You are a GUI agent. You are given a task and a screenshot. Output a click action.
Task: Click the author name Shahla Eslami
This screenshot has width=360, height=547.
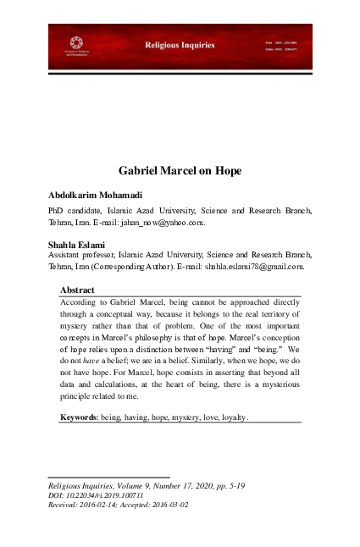pyautogui.click(x=75, y=246)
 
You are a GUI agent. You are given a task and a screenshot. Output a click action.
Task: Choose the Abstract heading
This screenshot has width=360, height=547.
pyautogui.click(x=77, y=290)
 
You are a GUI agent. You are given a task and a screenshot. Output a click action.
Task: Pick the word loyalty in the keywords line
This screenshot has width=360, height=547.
pyautogui.click(x=230, y=417)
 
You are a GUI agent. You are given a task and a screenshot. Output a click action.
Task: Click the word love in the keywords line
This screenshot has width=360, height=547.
pyautogui.click(x=203, y=417)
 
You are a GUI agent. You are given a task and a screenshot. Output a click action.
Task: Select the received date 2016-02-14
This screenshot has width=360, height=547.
pyautogui.click(x=105, y=505)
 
